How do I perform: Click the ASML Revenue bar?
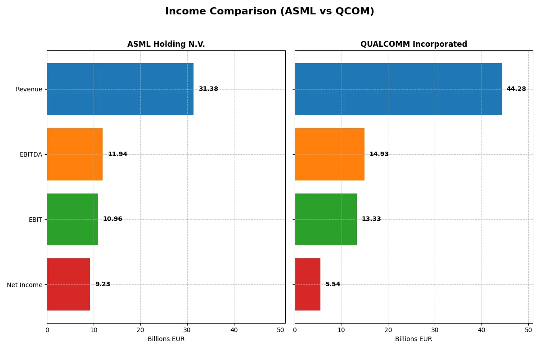pyautogui.click(x=120, y=89)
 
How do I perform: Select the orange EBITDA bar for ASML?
pyautogui.click(x=75, y=154)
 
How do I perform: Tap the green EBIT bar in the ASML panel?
pyautogui.click(x=72, y=219)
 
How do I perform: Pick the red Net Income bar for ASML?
pyautogui.click(x=68, y=284)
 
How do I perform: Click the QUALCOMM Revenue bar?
pyautogui.click(x=398, y=89)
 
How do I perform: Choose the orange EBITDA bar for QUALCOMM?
pyautogui.click(x=329, y=154)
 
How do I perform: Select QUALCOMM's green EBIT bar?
pyautogui.click(x=326, y=219)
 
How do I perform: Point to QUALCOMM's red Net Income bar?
pyautogui.click(x=308, y=284)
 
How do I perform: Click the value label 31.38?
pyautogui.click(x=208, y=89)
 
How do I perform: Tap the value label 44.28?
pyautogui.click(x=516, y=89)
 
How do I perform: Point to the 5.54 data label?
pyautogui.click(x=333, y=284)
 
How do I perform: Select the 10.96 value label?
pyautogui.click(x=112, y=219)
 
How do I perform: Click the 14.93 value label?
pyautogui.click(x=379, y=154)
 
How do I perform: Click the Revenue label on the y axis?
pyautogui.click(x=29, y=89)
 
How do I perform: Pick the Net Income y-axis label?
pyautogui.click(x=25, y=285)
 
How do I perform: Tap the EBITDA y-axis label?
pyautogui.click(x=31, y=154)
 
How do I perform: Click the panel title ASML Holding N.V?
pyautogui.click(x=166, y=45)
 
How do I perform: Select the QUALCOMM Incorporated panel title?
pyautogui.click(x=414, y=45)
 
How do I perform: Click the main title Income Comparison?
pyautogui.click(x=270, y=12)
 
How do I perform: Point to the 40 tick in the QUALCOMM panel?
pyautogui.click(x=481, y=330)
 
